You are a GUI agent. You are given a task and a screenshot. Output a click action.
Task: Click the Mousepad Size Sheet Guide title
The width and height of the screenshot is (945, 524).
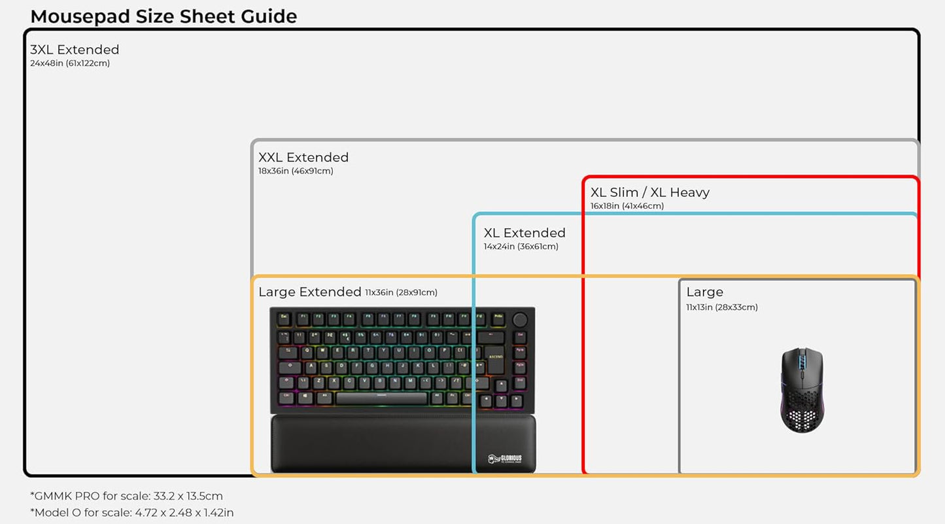tap(163, 16)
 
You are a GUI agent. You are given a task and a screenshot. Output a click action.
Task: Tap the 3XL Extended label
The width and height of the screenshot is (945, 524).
tap(75, 50)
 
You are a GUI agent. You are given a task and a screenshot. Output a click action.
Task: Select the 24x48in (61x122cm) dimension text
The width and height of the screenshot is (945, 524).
tap(70, 63)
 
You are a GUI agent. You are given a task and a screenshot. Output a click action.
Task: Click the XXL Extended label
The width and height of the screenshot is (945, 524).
tap(303, 157)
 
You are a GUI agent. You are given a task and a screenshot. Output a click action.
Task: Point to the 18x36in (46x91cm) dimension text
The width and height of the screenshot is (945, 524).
tap(296, 171)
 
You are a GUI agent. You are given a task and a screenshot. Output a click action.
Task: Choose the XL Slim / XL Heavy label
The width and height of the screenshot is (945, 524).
tap(649, 192)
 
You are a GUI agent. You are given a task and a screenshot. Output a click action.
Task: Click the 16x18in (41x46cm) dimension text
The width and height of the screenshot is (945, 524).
tap(627, 206)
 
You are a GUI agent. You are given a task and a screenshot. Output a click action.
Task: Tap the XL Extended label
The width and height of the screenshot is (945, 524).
tap(524, 233)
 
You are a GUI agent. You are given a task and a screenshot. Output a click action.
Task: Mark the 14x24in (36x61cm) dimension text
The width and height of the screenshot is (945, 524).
tap(521, 247)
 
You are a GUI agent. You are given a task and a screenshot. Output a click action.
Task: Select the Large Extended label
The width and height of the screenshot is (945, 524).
tap(309, 292)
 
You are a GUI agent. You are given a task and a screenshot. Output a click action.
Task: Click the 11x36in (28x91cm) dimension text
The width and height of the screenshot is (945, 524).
tap(401, 292)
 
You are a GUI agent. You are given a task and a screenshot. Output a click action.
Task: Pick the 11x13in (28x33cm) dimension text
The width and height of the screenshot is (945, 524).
tap(721, 307)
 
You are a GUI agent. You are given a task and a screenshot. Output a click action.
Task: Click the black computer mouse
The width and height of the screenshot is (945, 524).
tap(802, 389)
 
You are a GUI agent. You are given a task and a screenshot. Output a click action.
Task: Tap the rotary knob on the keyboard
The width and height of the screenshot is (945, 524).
tap(520, 320)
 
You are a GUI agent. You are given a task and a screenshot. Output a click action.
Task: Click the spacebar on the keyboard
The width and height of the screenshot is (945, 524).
tap(381, 398)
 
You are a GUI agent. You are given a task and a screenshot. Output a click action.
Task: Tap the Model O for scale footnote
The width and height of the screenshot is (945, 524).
tap(131, 512)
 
